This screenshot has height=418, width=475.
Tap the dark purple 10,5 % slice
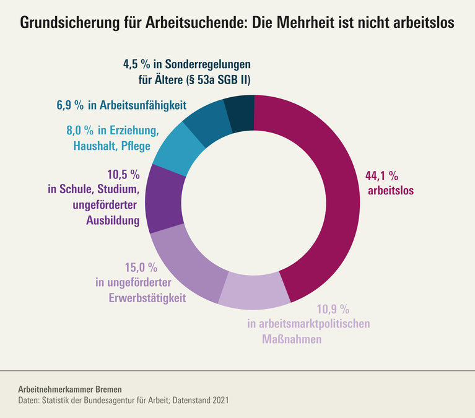[167, 201]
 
